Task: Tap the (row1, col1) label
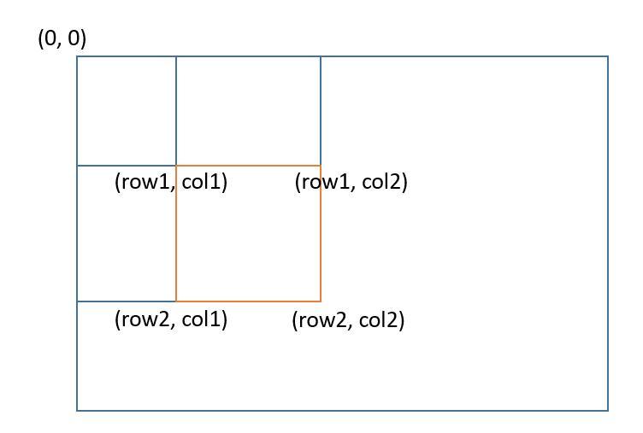(171, 182)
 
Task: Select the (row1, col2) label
(351, 182)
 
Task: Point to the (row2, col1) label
(171, 319)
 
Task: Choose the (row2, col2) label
(348, 320)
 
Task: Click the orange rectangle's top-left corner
(176, 166)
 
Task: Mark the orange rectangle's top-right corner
(321, 166)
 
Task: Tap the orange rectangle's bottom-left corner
(176, 301)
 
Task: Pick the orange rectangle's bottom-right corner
(321, 301)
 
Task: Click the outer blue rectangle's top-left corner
(77, 56)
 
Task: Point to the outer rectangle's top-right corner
(608, 56)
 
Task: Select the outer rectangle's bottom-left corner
(77, 411)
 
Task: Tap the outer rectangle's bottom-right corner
(608, 411)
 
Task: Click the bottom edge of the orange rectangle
(248, 301)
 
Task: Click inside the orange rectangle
(248, 239)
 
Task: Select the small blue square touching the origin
(127, 111)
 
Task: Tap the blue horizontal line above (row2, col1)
(127, 301)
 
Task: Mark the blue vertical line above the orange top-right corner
(321, 111)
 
